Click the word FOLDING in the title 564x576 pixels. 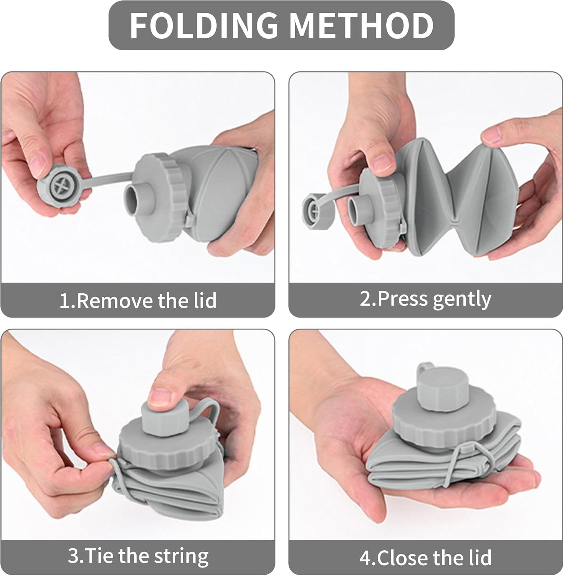pos(203,25)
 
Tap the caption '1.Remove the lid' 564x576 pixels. pos(138,300)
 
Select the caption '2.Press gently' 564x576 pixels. pos(425,299)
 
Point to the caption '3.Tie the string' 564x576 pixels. pos(138,556)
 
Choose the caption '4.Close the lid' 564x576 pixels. pos(425,558)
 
